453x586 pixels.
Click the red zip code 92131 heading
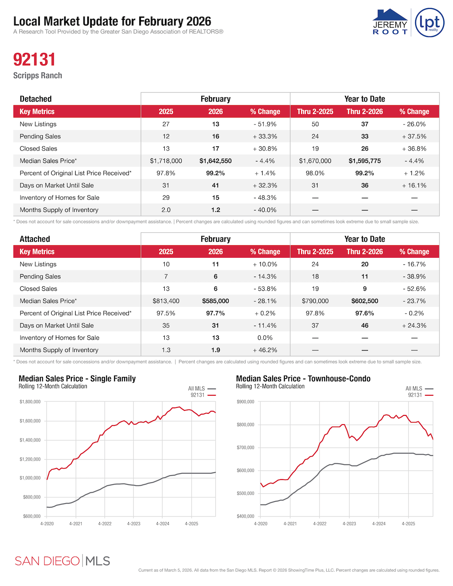point(34,60)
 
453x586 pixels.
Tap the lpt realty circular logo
point(430,22)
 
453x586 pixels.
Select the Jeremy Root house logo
point(390,22)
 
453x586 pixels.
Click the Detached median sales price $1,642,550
point(215,161)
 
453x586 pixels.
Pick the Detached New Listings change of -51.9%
point(265,124)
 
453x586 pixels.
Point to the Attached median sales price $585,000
point(215,301)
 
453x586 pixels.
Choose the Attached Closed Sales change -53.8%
point(265,289)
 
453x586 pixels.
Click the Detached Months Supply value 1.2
point(216,210)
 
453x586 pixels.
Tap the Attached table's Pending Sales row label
point(40,277)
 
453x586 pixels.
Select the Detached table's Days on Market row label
point(57,185)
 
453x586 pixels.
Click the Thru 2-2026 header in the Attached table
point(364,252)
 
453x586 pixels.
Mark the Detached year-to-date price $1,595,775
point(364,161)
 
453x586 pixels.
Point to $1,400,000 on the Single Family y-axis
point(30,440)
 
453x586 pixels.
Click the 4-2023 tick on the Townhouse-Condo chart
point(349,524)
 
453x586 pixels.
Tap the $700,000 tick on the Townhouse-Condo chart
point(245,448)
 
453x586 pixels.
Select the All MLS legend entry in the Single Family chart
point(201,389)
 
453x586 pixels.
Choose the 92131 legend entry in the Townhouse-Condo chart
point(420,395)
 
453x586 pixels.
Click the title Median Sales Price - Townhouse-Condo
point(303,379)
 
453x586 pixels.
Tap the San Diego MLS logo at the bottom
point(62,561)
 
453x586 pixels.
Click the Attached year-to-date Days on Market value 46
point(365,326)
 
